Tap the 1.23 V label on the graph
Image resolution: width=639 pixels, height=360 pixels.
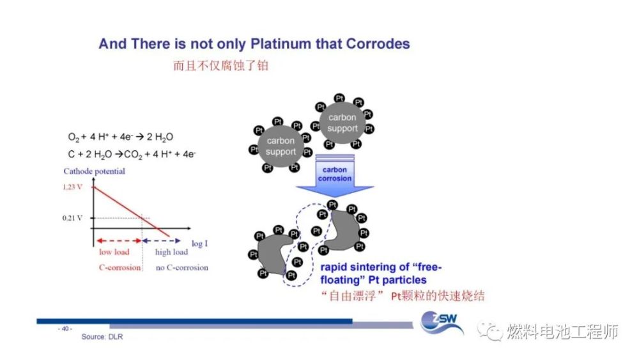[73, 187]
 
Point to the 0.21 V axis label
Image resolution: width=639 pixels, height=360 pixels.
[72, 218]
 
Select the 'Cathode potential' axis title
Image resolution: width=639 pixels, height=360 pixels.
[94, 171]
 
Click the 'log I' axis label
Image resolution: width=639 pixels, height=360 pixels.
[199, 244]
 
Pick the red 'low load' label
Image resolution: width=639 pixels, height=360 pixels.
[114, 252]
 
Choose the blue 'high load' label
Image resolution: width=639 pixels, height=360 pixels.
[171, 252]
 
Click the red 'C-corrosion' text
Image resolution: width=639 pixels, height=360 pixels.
[120, 267]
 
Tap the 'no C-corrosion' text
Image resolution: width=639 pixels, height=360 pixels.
[181, 267]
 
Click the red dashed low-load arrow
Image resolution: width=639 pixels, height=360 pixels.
[119, 241]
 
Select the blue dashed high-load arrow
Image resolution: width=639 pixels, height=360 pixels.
[162, 241]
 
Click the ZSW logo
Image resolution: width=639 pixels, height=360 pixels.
[442, 322]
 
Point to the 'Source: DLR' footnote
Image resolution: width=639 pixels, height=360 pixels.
[102, 337]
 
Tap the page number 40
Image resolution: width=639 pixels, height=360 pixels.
[65, 329]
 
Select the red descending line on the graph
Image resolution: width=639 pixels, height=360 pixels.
[131, 211]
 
